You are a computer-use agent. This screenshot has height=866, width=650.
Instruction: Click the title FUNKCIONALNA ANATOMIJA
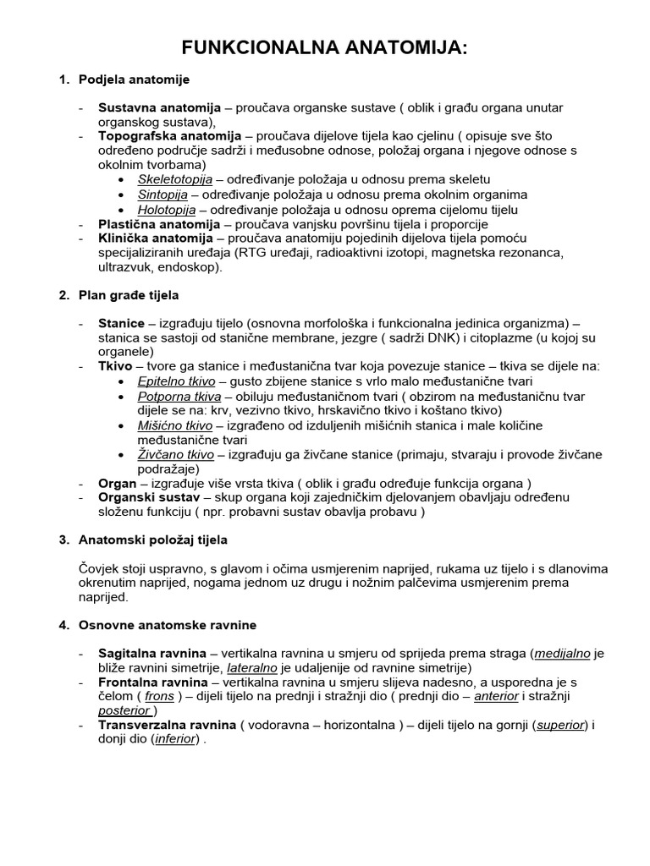[x=326, y=49]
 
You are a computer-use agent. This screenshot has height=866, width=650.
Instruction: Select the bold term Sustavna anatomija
[x=159, y=108]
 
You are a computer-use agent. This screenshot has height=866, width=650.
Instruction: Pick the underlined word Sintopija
[x=162, y=195]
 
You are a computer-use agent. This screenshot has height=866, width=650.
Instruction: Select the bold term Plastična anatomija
[x=159, y=224]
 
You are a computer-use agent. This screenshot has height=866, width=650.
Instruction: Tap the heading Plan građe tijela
[x=129, y=295]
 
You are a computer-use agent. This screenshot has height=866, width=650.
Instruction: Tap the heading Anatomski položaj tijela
[x=153, y=540]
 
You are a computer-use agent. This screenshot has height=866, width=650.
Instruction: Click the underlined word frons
[x=159, y=696]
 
